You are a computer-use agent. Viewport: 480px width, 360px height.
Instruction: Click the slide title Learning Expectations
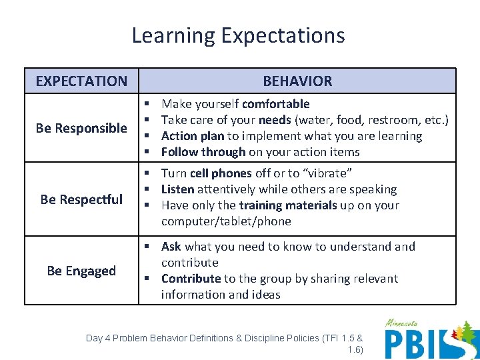click(238, 35)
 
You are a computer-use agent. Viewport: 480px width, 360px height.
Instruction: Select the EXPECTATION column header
click(81, 81)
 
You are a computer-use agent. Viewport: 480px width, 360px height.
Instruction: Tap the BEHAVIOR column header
click(297, 81)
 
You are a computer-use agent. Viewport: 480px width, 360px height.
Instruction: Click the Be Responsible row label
click(81, 128)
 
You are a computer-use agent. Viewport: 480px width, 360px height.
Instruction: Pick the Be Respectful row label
click(81, 199)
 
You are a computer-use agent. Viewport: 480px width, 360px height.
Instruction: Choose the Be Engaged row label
click(81, 271)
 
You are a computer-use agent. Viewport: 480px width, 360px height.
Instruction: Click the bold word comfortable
click(275, 104)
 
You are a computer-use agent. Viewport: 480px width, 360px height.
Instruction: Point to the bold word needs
click(275, 120)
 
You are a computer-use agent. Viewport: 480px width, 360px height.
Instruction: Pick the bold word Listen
click(177, 189)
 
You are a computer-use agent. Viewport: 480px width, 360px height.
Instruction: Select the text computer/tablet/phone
click(226, 221)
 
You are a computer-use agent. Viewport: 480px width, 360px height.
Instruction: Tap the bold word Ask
click(171, 247)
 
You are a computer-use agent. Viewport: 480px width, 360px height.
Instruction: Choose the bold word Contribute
click(191, 279)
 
